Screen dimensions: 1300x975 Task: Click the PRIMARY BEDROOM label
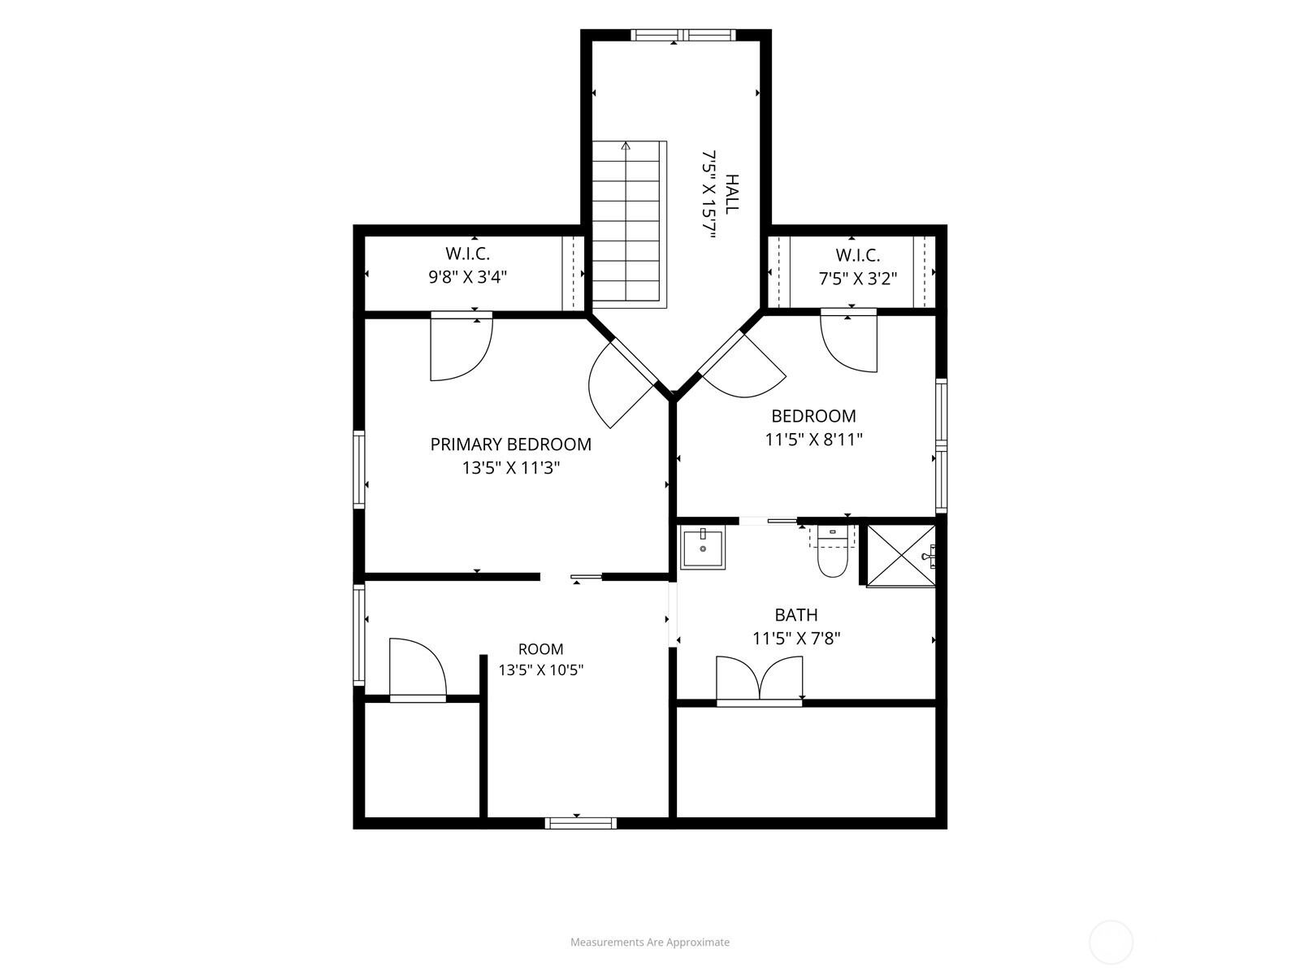(510, 444)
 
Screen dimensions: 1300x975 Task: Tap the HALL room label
(732, 193)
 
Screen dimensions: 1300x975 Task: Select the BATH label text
(796, 615)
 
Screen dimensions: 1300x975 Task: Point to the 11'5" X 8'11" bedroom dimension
(813, 440)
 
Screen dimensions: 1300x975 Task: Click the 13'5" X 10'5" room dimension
(541, 670)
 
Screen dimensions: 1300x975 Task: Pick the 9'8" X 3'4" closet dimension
(467, 277)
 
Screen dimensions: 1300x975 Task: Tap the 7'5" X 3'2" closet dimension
(857, 278)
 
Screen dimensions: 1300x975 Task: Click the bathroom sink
(703, 548)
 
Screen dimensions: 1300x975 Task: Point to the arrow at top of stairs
(626, 146)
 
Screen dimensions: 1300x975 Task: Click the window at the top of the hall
(683, 35)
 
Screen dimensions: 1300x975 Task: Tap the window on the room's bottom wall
(580, 823)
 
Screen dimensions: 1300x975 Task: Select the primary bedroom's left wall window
(359, 470)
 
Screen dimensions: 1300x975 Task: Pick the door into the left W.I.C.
(461, 346)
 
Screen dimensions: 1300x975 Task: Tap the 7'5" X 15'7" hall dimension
(709, 193)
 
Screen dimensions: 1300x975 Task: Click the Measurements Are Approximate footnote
(650, 942)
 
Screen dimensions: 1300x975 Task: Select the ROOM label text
(541, 649)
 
